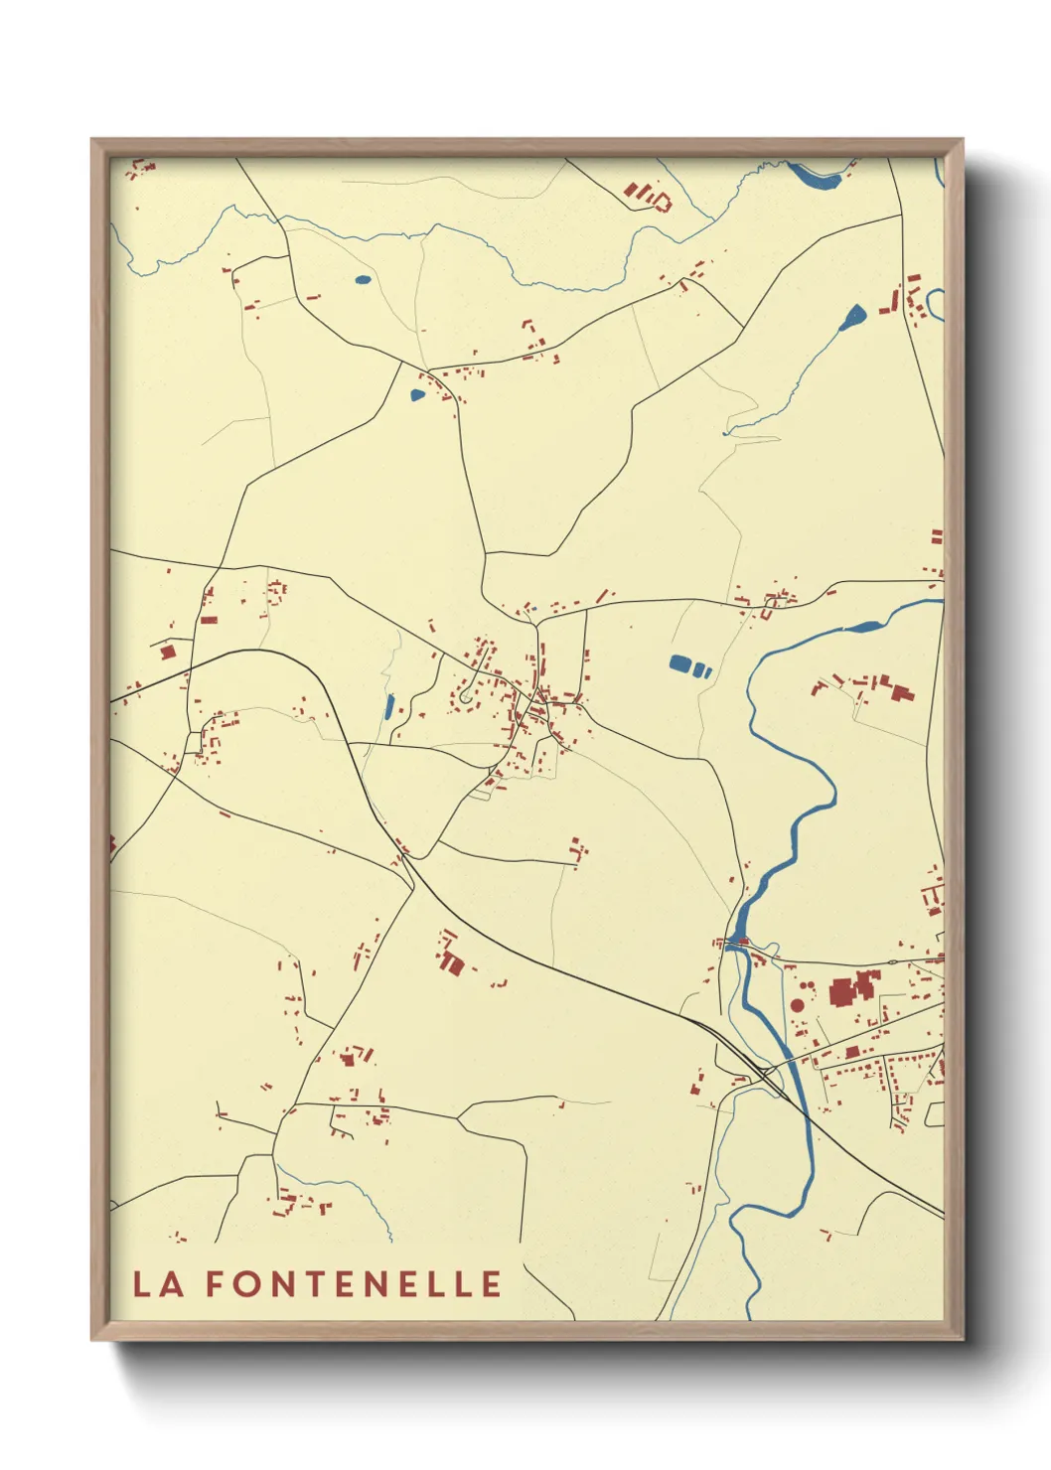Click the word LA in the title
point(158,1283)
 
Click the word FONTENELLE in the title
point(354,1283)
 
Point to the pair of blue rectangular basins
point(690,665)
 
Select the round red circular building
point(797,1005)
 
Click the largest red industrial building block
point(842,992)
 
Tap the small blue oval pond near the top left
point(363,279)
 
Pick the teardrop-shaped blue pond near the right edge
point(853,318)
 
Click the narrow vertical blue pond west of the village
point(388,707)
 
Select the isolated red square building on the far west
point(168,652)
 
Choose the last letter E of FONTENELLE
point(491,1283)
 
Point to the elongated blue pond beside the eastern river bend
point(862,627)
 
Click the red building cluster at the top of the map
point(647,196)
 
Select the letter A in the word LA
point(172,1283)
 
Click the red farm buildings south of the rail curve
point(450,958)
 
